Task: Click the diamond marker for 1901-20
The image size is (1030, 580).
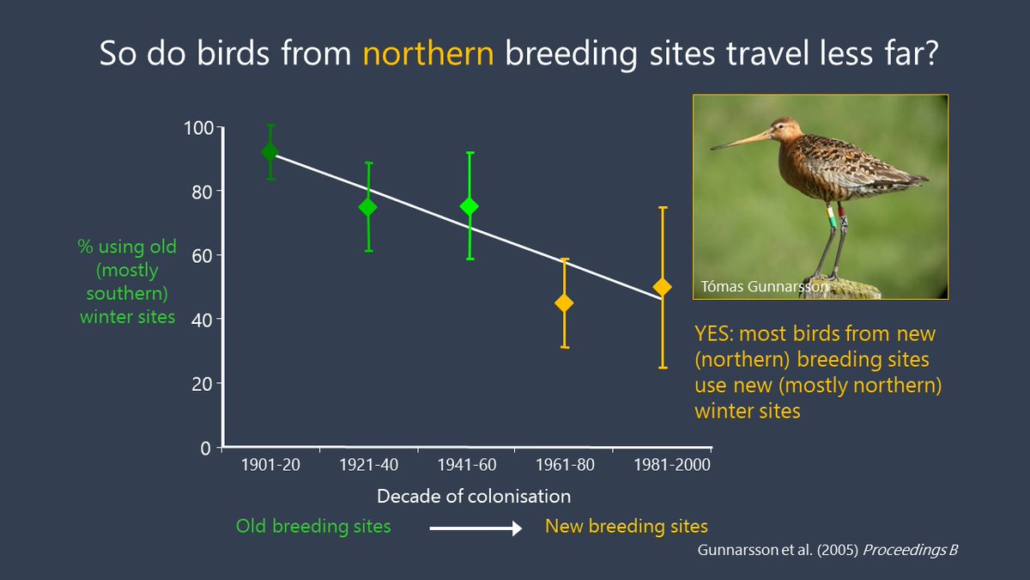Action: tap(270, 151)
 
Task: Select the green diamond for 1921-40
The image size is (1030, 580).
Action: tap(368, 207)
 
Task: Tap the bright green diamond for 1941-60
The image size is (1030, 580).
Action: tap(470, 206)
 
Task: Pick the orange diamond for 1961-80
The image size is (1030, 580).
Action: tap(564, 302)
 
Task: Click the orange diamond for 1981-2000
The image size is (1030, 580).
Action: tap(662, 287)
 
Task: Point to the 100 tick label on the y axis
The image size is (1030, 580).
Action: tap(198, 128)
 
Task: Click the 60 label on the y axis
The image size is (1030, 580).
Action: tap(203, 256)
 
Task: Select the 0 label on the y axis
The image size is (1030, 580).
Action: tap(205, 448)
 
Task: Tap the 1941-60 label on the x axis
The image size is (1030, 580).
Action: tap(467, 465)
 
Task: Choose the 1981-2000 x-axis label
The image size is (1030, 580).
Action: tap(672, 465)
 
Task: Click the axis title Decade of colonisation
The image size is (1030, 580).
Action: tap(474, 497)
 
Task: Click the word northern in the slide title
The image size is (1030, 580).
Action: tap(428, 53)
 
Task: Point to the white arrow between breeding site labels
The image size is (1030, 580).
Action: tap(476, 528)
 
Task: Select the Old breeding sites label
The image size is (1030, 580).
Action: tap(313, 526)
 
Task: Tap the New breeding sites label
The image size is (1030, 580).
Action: tap(627, 526)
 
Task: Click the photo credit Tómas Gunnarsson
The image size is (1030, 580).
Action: tap(764, 286)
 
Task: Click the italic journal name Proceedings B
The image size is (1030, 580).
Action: tap(911, 550)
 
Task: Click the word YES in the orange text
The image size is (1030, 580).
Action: tap(713, 333)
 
